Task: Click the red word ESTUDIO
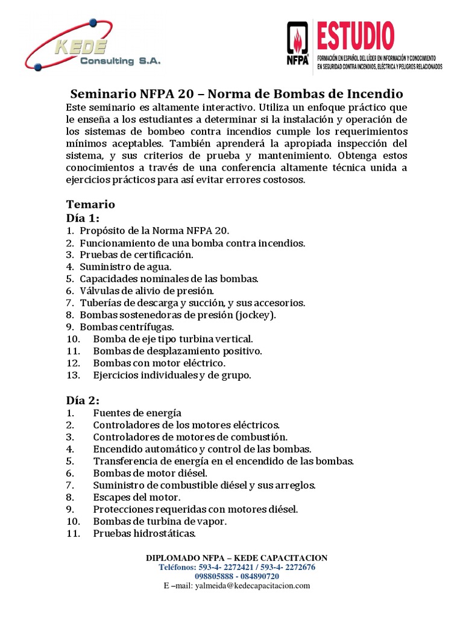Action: click(x=355, y=36)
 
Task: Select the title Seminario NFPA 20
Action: click(x=237, y=94)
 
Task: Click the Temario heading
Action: click(x=90, y=204)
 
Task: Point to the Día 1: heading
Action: click(x=83, y=218)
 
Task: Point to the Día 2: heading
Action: click(x=83, y=400)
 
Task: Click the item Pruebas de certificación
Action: click(x=136, y=255)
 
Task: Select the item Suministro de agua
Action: click(x=125, y=267)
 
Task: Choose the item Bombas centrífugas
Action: click(x=127, y=327)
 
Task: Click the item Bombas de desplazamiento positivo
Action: click(x=177, y=351)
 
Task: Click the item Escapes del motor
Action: click(x=136, y=497)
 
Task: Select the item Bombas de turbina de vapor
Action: click(x=160, y=521)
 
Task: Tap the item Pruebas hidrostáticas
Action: click(x=144, y=533)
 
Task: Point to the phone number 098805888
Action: click(x=214, y=576)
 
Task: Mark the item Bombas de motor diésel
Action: click(x=150, y=473)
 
